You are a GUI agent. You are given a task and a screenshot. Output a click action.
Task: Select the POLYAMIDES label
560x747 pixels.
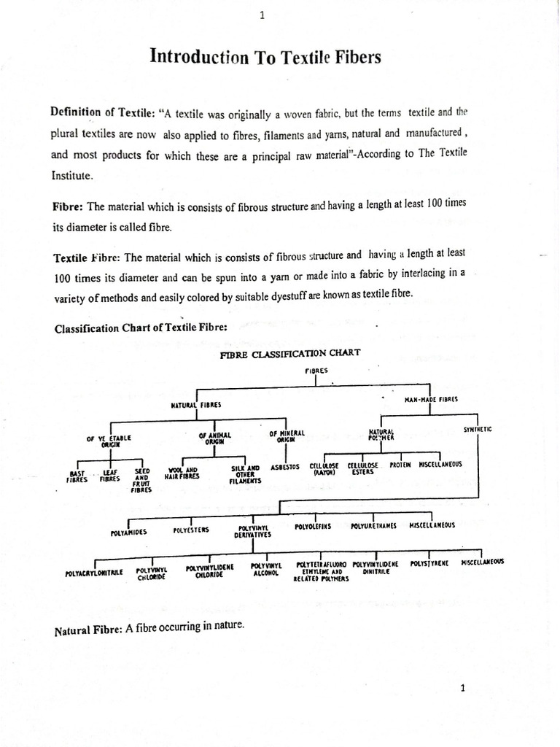pos(129,532)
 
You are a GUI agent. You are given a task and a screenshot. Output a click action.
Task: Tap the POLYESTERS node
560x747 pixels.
pos(191,530)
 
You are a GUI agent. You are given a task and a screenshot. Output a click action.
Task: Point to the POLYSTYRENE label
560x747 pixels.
pos(429,563)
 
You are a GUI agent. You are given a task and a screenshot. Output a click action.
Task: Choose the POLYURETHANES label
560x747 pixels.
pos(373,526)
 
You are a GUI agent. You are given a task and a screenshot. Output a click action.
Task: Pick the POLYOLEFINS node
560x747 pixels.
pos(313,525)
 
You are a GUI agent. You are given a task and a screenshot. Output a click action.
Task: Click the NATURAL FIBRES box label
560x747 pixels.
pos(196,404)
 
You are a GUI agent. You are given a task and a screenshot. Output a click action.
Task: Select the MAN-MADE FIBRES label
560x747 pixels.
pos(431,399)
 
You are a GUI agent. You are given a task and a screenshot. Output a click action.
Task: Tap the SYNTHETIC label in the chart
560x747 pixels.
pos(478,430)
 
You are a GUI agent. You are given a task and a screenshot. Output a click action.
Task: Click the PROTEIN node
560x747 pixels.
pos(400,465)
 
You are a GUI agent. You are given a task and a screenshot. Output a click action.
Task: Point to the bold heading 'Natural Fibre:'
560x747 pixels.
pos(88,630)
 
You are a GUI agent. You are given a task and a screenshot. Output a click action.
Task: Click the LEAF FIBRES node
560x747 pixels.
pos(111,477)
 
